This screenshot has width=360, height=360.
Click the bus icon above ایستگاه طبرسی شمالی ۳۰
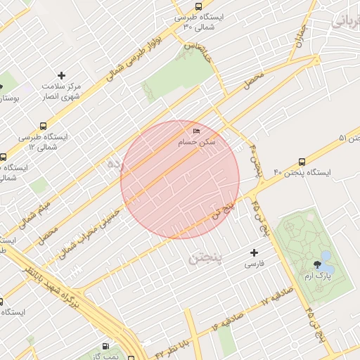pos(198,5)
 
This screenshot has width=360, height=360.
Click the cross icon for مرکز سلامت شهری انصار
pos(61,75)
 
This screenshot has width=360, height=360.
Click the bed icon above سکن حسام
pos(196,131)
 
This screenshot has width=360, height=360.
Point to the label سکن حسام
pos(196,143)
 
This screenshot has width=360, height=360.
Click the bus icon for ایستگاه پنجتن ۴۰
pos(302,161)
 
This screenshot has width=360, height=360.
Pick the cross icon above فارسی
pos(254,252)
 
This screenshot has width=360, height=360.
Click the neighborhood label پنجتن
pos(205,259)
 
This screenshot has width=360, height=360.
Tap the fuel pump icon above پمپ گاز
pos(105,346)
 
